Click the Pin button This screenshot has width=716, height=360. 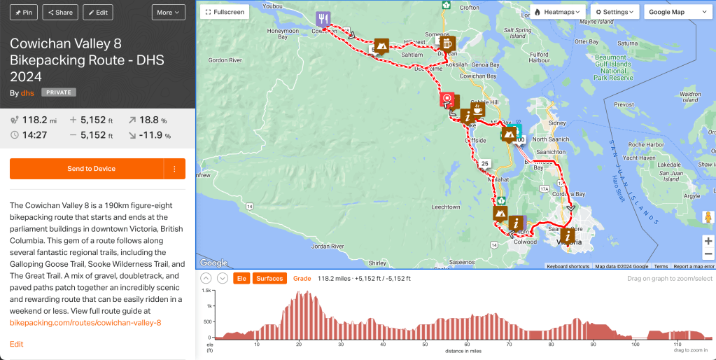(x=20, y=12)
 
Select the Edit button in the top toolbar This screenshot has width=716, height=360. (x=97, y=12)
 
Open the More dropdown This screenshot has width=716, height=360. (x=169, y=12)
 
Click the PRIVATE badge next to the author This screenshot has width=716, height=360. (x=59, y=92)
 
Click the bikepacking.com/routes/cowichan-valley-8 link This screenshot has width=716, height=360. (x=85, y=322)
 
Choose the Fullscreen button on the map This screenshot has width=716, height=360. (x=224, y=12)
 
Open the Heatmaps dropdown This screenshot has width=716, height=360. (x=558, y=12)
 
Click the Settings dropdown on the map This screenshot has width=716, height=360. (x=615, y=12)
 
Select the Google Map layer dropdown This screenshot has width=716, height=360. (x=675, y=12)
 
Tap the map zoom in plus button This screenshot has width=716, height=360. (x=708, y=241)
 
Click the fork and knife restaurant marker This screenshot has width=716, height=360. (x=323, y=19)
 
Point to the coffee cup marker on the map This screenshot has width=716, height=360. (x=478, y=110)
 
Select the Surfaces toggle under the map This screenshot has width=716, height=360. (x=269, y=278)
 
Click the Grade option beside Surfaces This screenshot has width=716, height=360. (x=302, y=278)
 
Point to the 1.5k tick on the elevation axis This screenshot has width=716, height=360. (x=206, y=290)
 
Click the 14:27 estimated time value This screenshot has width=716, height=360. (x=34, y=135)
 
